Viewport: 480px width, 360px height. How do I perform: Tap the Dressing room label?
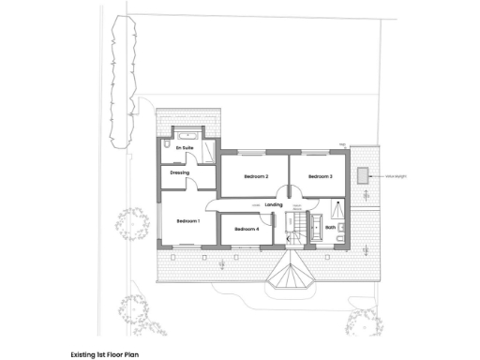click(180, 173)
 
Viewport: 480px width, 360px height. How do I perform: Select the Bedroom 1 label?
click(188, 220)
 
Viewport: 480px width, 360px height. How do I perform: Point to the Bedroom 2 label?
click(256, 176)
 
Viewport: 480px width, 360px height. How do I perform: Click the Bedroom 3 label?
click(320, 176)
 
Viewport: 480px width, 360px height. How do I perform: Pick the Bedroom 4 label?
click(247, 229)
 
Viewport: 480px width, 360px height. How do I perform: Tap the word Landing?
click(274, 204)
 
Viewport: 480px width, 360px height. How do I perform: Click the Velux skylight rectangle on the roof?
click(362, 174)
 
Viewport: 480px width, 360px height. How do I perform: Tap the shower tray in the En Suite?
click(208, 150)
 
